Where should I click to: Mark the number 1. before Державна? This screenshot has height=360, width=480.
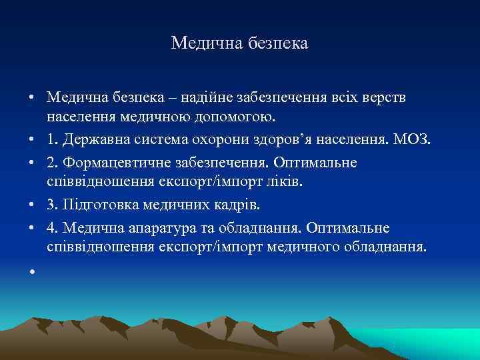pyautogui.click(x=53, y=141)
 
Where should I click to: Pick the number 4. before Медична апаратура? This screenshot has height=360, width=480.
pyautogui.click(x=53, y=227)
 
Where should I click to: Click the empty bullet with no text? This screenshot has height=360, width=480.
pyautogui.click(x=31, y=271)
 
